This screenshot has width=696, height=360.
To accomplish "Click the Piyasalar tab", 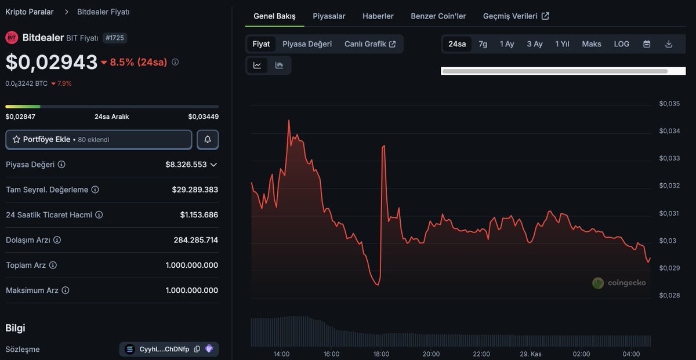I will pyautogui.click(x=329, y=16).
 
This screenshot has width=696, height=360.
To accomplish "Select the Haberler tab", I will pyautogui.click(x=378, y=16).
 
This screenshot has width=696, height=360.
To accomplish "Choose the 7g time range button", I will pyautogui.click(x=483, y=44).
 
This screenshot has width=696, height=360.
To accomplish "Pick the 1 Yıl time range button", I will pyautogui.click(x=561, y=44).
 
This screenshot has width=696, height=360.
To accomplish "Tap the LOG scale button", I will pyautogui.click(x=621, y=44).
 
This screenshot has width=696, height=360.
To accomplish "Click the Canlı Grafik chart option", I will pyautogui.click(x=370, y=44).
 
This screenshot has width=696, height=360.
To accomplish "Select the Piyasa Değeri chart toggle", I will pyautogui.click(x=307, y=44).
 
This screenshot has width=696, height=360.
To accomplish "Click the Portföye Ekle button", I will pyautogui.click(x=99, y=140).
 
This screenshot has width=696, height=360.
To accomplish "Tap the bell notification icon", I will pyautogui.click(x=208, y=140).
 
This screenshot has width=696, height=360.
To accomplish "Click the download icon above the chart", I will pyautogui.click(x=669, y=44).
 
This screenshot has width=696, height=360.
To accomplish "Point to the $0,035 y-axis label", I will pyautogui.click(x=669, y=104).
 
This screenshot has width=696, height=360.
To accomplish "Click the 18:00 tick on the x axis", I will pyautogui.click(x=381, y=354).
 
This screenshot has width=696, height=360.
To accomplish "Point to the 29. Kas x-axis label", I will pyautogui.click(x=531, y=354).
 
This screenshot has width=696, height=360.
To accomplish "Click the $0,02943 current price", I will pyautogui.click(x=52, y=62).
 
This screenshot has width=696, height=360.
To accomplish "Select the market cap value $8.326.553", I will pyautogui.click(x=186, y=165).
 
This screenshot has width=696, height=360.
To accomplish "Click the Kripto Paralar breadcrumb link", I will pyautogui.click(x=29, y=12).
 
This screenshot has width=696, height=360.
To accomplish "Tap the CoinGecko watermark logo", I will pyautogui.click(x=619, y=283).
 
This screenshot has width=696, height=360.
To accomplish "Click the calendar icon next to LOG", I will pyautogui.click(x=647, y=44).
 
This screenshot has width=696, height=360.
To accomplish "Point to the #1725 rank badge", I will pyautogui.click(x=114, y=38).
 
